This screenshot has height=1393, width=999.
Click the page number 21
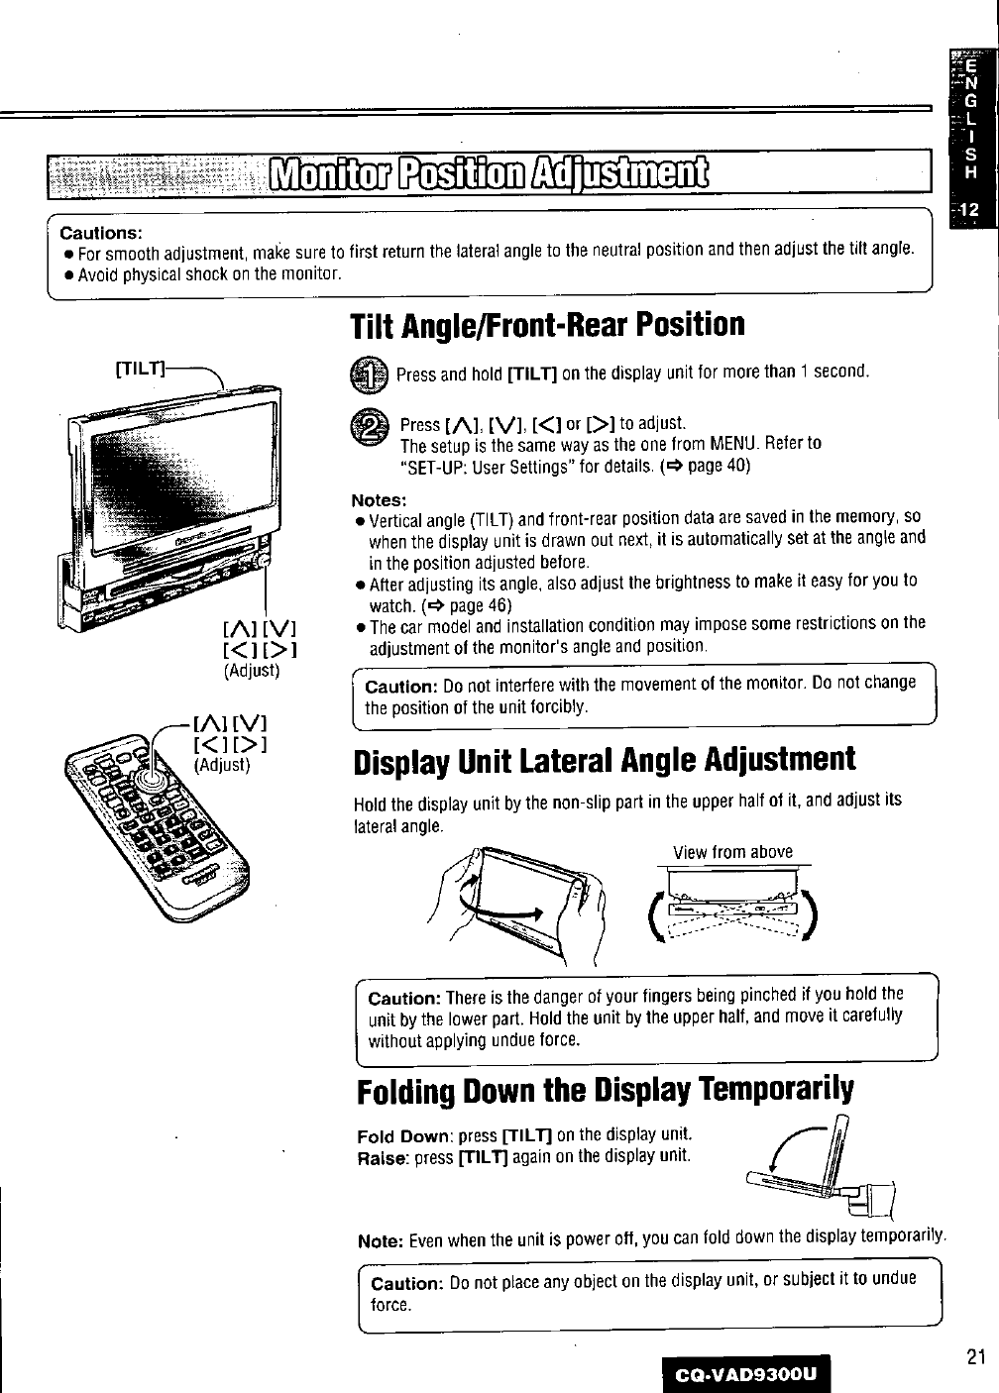tap(975, 1358)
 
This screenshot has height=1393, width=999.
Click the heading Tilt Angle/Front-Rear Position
tap(546, 324)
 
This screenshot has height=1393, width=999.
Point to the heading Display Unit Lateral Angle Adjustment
tap(604, 760)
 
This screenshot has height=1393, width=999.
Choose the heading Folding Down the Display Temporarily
tap(604, 1090)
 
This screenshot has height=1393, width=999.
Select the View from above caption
tap(732, 852)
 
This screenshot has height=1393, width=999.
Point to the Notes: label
tap(380, 499)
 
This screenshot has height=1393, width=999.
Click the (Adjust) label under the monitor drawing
tap(253, 671)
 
